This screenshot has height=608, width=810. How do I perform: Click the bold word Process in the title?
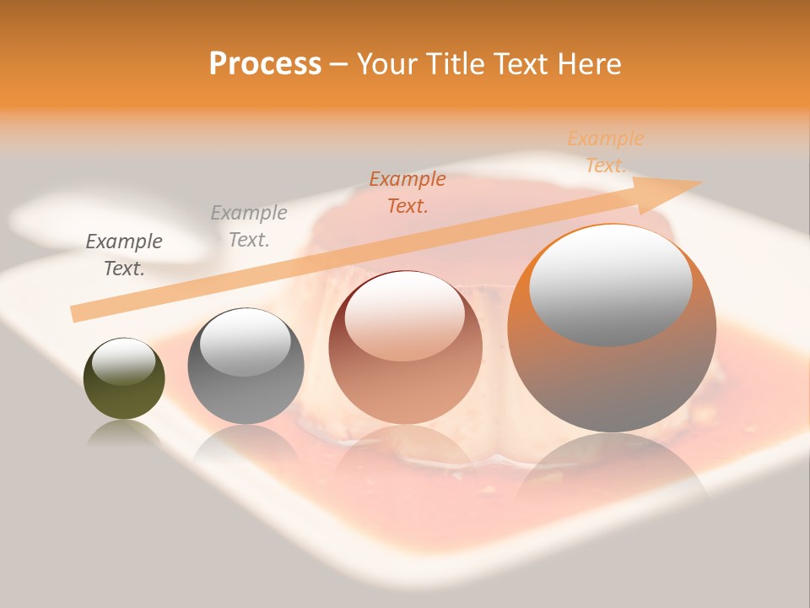(x=265, y=64)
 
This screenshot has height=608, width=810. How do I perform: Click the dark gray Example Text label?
(x=124, y=255)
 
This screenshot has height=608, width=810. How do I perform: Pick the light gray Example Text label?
(x=249, y=226)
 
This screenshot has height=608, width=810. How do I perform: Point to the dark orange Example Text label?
(x=408, y=193)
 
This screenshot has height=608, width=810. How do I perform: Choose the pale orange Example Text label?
(x=606, y=152)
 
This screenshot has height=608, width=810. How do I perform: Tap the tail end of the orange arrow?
(x=74, y=314)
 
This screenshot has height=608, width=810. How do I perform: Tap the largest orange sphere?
(x=612, y=380)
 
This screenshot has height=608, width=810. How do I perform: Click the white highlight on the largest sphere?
(x=611, y=285)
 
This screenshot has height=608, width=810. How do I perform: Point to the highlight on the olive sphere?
(x=123, y=361)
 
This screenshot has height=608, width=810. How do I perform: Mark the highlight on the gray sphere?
(x=245, y=341)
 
